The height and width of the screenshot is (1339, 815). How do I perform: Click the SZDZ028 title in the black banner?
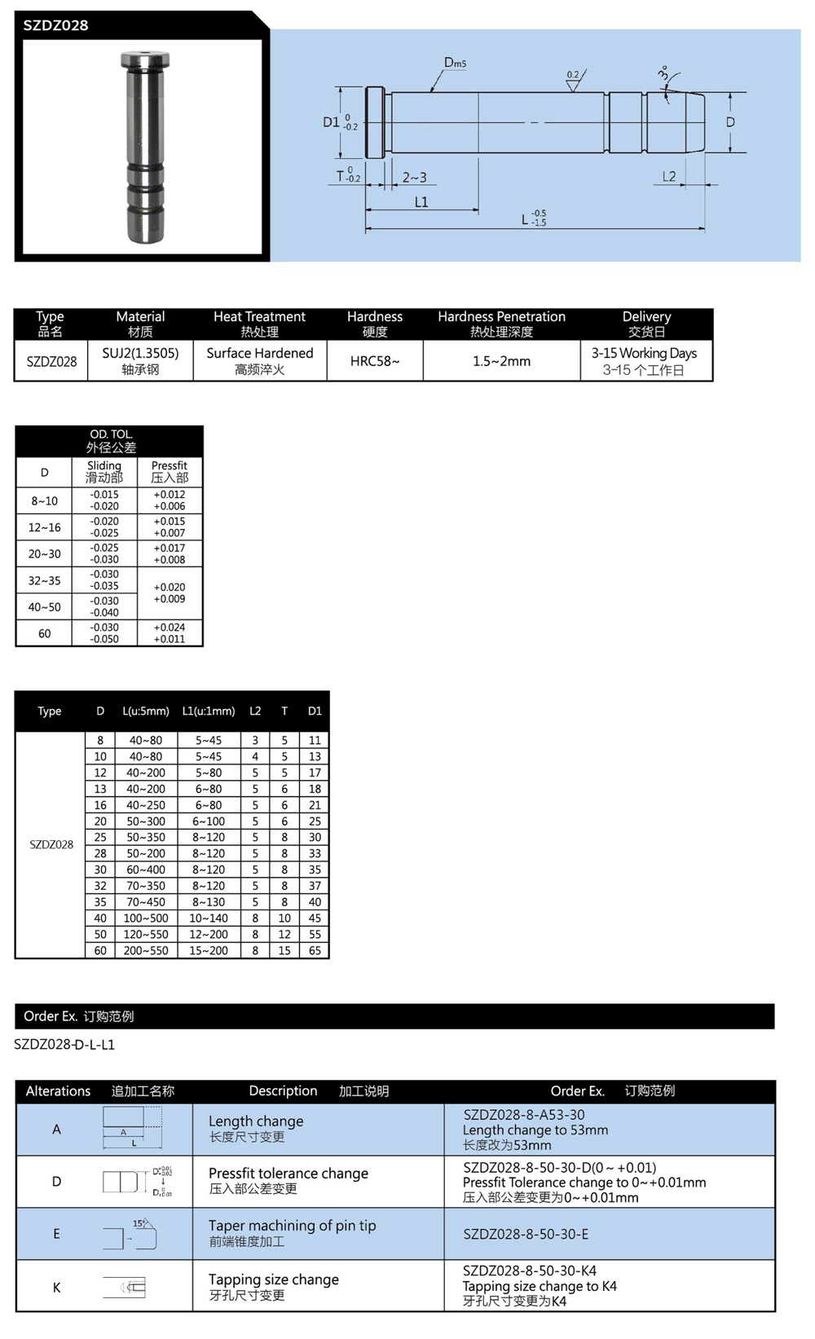point(55,25)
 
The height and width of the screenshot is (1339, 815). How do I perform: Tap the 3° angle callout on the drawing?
point(663,75)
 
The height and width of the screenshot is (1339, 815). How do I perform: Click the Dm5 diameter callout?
point(455,63)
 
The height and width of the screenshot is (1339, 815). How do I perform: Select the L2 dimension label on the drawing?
point(669,176)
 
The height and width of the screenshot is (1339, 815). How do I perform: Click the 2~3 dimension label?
point(414,177)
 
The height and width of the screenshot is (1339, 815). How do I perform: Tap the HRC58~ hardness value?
point(375,361)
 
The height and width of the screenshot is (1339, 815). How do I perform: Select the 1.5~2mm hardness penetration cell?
point(501,361)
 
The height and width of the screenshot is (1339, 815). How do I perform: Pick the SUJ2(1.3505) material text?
point(140,353)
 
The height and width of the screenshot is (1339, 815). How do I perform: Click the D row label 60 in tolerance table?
point(44,633)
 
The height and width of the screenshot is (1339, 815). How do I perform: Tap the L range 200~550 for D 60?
point(146,950)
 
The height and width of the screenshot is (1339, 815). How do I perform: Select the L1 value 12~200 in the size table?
point(209,934)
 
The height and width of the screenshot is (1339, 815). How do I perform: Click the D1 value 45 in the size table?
point(315,918)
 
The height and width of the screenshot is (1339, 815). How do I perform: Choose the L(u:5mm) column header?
point(146,711)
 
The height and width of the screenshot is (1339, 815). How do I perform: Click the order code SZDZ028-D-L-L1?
point(64,1044)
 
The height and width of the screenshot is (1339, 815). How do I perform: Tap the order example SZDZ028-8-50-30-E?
point(526,1234)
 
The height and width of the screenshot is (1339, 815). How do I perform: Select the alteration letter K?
point(56,1287)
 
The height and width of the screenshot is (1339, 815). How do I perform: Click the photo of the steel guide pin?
point(144,147)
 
